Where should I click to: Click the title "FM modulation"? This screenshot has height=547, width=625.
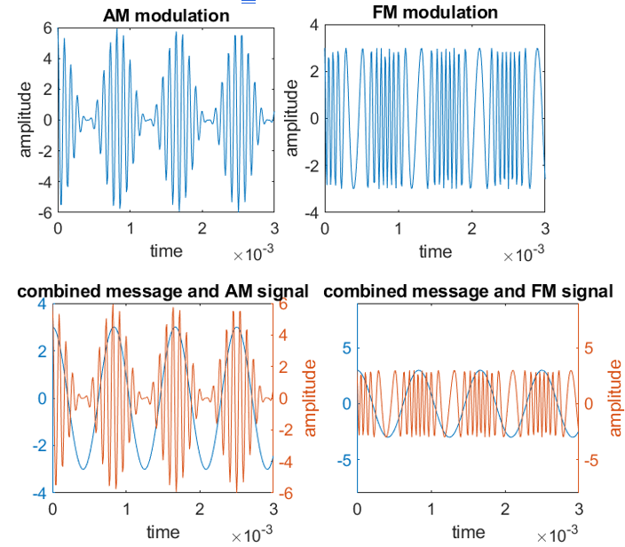tap(435, 12)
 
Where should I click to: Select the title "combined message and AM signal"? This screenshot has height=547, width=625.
tap(162, 290)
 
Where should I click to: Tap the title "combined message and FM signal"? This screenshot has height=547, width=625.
tap(468, 290)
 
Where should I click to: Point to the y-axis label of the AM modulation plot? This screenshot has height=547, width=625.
tap(26, 119)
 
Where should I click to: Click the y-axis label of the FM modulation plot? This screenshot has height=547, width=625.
tap(292, 119)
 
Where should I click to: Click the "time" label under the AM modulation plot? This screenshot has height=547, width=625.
tap(165, 251)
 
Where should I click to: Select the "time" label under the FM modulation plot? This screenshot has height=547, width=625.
tap(435, 251)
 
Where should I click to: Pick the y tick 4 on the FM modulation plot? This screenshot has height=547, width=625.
tap(313, 27)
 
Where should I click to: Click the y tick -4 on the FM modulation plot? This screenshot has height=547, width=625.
tap(311, 213)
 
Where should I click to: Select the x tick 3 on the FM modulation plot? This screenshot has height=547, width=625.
tap(544, 228)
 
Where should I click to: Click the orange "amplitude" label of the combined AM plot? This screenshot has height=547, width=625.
tap(310, 397)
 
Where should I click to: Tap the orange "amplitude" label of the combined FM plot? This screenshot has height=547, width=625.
tap(614, 397)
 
